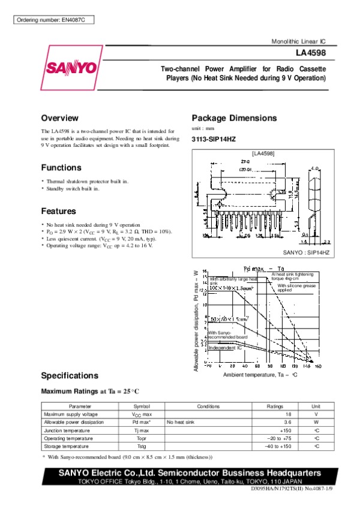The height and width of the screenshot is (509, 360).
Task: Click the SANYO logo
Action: pyautogui.click(x=70, y=67)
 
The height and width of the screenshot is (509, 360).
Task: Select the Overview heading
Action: pyautogui.click(x=59, y=118)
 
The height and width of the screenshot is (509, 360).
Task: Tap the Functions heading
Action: pyautogui.click(x=61, y=167)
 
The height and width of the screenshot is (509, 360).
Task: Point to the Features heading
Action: pyautogui.click(x=58, y=211)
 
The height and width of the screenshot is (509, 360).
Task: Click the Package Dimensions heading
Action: pyautogui.click(x=233, y=118)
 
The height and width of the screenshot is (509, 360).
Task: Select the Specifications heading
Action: pyautogui.click(x=69, y=376)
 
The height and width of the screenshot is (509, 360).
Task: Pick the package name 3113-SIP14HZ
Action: pyautogui.click(x=213, y=139)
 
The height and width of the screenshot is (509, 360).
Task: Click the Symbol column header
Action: pyautogui.click(x=142, y=406)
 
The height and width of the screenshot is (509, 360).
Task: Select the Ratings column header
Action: pyautogui.click(x=275, y=406)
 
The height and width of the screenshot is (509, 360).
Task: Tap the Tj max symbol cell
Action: pyautogui.click(x=142, y=430)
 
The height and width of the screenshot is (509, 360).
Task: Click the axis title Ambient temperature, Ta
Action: pyautogui.click(x=260, y=375)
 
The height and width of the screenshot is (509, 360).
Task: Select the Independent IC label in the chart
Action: pyautogui.click(x=224, y=348)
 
